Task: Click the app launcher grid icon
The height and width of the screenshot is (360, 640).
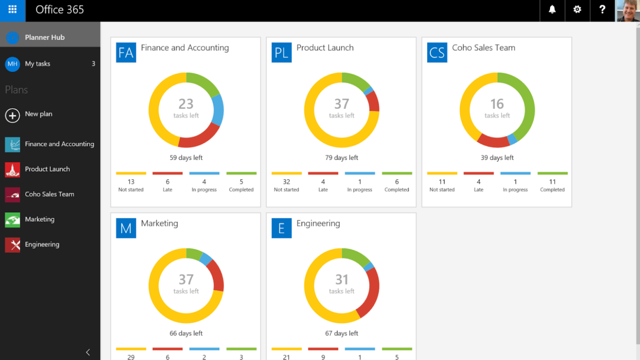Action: [12, 9]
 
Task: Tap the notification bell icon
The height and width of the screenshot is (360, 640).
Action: [552, 9]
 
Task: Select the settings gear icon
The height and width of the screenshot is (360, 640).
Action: [577, 9]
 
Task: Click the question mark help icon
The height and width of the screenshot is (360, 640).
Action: [602, 9]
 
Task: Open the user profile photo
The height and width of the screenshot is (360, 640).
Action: [627, 10]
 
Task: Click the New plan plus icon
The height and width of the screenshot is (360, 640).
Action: [12, 115]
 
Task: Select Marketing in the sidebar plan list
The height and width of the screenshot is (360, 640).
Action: [40, 219]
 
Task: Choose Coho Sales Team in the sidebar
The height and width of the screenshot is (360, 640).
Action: [49, 194]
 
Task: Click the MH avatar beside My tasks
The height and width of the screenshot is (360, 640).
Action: [12, 64]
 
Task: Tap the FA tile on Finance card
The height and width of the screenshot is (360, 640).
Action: [126, 52]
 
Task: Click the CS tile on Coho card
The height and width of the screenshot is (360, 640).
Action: [437, 52]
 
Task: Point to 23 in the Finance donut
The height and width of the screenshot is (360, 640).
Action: [186, 104]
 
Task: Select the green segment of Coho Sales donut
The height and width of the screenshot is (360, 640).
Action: [527, 104]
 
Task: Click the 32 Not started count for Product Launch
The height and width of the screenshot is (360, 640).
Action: [286, 182]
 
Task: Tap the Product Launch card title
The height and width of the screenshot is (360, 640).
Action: [325, 48]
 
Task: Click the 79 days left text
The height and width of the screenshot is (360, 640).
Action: [342, 158]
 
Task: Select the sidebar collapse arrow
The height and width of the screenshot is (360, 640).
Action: [88, 352]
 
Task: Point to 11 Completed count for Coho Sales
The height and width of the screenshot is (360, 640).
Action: [552, 182]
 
